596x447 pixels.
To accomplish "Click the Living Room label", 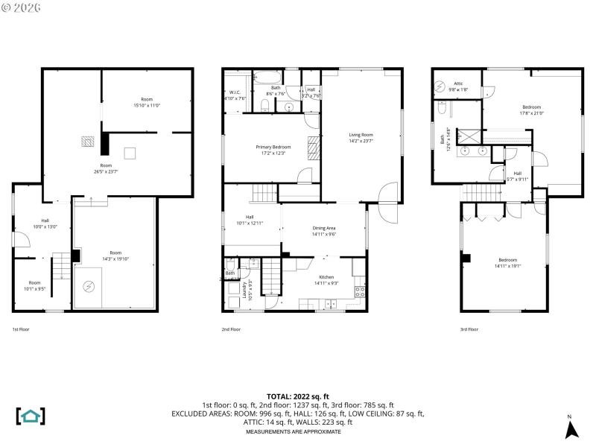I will [x=361, y=135].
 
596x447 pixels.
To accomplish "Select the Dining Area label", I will [x=323, y=229].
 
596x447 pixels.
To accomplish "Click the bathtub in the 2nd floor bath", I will [x=266, y=77].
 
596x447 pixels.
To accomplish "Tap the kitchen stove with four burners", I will [x=360, y=291].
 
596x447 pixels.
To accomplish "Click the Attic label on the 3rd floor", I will [x=457, y=83].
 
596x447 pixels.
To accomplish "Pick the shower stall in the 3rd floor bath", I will [x=469, y=135].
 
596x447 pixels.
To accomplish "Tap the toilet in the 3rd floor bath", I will [x=442, y=110].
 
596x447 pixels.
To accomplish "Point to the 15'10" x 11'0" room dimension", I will [x=147, y=105].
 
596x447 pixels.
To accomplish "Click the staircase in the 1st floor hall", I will [x=61, y=264].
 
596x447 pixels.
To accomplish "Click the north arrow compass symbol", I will [x=571, y=429].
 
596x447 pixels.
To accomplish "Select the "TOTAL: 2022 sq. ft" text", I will [x=298, y=396].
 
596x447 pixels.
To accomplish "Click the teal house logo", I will [x=31, y=416].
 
